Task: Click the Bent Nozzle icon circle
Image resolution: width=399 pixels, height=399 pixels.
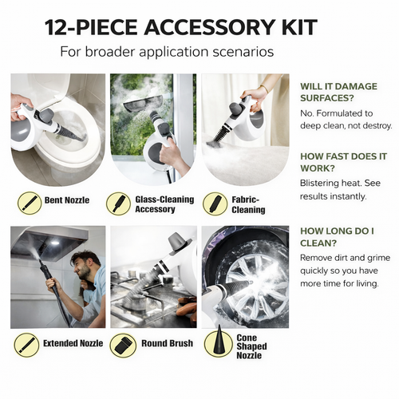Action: [x=30, y=203]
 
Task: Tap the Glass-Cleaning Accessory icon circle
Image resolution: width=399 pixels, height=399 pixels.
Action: [x=118, y=204]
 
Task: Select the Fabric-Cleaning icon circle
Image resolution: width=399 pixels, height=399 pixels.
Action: [x=215, y=204]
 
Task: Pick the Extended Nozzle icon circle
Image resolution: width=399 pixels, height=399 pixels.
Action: [x=27, y=345]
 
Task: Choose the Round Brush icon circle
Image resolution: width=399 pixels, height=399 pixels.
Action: [x=123, y=345]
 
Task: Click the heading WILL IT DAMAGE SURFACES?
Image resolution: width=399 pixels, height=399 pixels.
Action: [x=338, y=92]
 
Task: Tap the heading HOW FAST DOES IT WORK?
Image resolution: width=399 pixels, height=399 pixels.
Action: [x=343, y=162]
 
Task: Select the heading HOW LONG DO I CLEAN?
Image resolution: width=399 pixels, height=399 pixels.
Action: [x=338, y=237]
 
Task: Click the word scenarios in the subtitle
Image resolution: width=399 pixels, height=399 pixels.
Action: [x=243, y=51]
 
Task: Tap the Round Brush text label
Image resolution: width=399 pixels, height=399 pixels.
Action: [x=167, y=343]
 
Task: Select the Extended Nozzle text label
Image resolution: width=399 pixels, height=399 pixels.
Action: [x=73, y=343]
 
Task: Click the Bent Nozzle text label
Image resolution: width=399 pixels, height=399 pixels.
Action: [x=67, y=200]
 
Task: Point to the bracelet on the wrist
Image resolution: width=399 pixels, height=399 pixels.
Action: [x=264, y=89]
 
